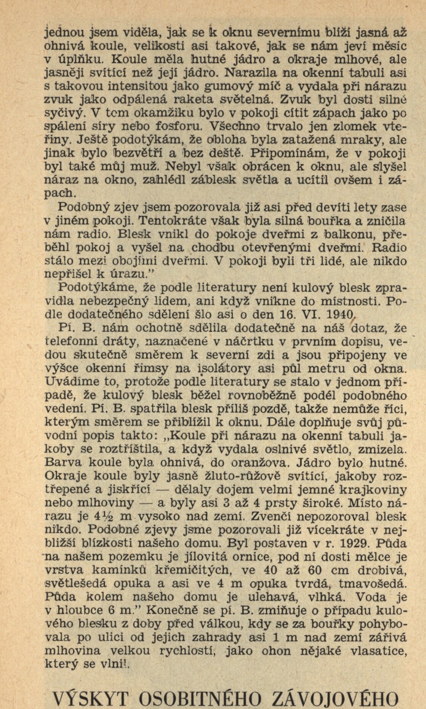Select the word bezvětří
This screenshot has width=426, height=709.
click(138, 154)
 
